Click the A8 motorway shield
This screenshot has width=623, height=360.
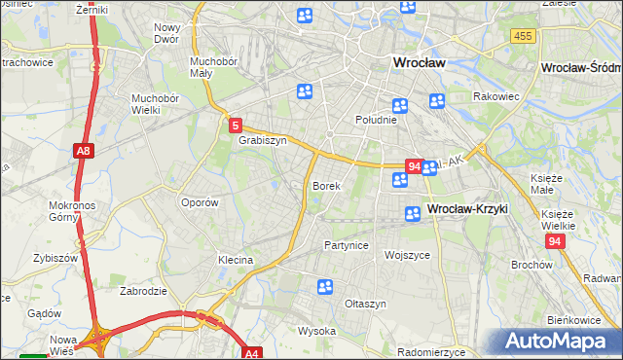pos(83,151)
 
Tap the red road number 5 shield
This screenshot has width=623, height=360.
pos(236,125)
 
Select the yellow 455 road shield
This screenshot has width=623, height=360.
pos(522,36)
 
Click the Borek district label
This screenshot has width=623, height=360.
pos(326,185)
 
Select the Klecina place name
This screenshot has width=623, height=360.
pos(236,260)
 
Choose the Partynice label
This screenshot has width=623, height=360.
pos(347,245)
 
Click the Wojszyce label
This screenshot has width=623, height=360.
pos(407,255)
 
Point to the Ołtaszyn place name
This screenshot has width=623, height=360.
pos(366,304)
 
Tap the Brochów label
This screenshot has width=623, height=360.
pos(531,265)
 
